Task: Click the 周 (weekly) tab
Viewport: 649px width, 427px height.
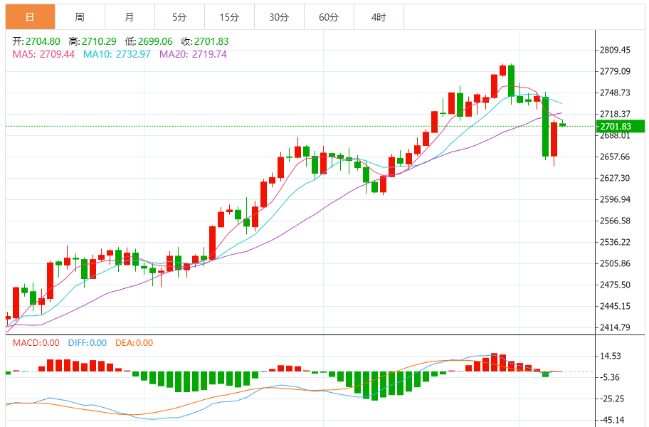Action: [x=79, y=16]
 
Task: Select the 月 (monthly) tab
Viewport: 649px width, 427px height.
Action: [x=129, y=16]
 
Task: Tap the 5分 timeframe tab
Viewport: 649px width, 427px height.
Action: [x=179, y=16]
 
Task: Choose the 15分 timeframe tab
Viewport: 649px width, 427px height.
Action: [x=229, y=16]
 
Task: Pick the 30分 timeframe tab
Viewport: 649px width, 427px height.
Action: [x=279, y=16]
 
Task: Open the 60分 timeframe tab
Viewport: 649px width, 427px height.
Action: [x=329, y=16]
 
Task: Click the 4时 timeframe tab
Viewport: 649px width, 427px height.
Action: [x=379, y=16]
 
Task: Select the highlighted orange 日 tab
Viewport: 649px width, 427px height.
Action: [x=30, y=16]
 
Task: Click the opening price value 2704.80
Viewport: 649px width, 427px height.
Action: [x=42, y=41]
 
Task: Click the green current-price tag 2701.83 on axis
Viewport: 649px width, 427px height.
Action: [x=621, y=126]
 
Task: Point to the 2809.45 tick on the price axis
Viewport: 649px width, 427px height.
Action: [x=615, y=50]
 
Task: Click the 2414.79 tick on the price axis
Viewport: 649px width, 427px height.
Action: [x=615, y=327]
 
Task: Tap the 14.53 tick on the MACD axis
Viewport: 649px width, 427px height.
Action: [x=611, y=356]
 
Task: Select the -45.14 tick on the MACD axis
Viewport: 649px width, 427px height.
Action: [x=611, y=420]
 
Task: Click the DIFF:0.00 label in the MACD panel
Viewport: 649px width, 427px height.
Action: [x=87, y=342]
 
